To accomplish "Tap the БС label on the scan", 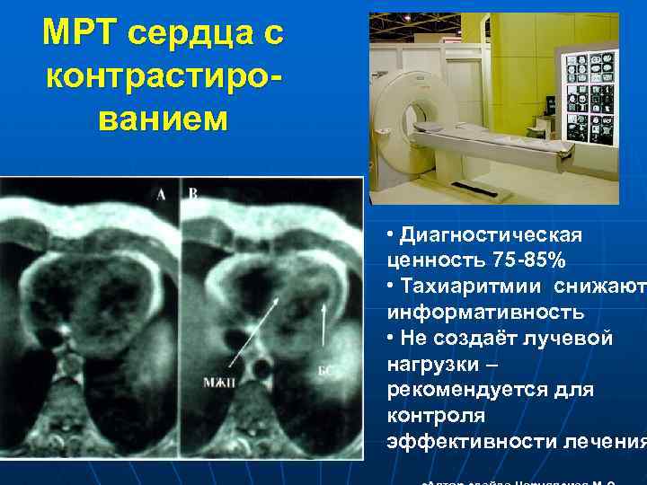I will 325,368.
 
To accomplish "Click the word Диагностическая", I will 491,235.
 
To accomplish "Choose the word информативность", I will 485,313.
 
